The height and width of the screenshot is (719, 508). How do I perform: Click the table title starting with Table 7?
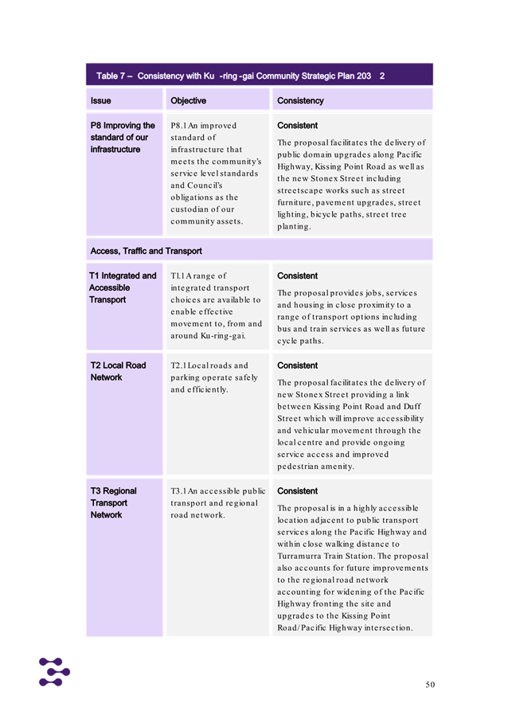click(x=240, y=76)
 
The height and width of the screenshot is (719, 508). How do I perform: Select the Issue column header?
click(x=101, y=101)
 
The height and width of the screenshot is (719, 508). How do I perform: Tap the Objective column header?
click(x=188, y=101)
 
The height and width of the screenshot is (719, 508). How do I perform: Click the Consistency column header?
click(x=300, y=101)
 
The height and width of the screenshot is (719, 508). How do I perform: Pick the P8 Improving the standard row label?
click(x=123, y=137)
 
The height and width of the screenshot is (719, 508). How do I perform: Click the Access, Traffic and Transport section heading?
click(x=146, y=251)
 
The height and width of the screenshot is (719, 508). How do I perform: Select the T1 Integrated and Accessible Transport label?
click(x=123, y=287)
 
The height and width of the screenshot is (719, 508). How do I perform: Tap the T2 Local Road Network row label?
click(x=118, y=371)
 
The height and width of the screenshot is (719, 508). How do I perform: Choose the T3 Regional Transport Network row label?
click(x=113, y=502)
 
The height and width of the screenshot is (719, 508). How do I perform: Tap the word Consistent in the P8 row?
click(x=297, y=126)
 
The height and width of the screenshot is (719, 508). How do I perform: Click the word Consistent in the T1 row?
click(x=297, y=276)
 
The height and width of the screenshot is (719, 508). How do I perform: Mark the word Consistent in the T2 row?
click(x=297, y=365)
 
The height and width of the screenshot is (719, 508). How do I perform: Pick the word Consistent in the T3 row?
click(x=297, y=491)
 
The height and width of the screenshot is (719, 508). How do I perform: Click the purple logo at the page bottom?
click(x=54, y=671)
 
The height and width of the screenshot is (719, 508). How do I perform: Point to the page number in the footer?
click(x=429, y=683)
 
